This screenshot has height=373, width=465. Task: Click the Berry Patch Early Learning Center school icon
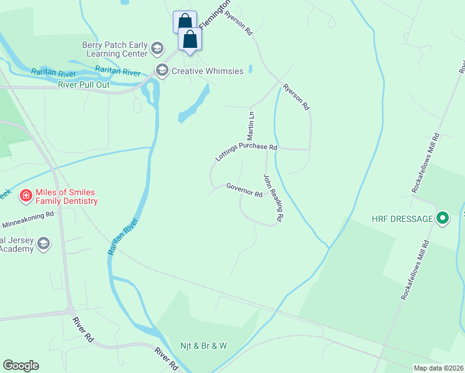158,48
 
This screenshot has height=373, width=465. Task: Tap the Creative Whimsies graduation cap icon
163,70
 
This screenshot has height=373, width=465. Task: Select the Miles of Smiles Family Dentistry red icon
26,196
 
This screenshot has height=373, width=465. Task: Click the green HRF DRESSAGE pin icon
443,218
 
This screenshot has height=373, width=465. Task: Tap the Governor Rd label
244,190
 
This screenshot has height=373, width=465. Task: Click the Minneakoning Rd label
28,219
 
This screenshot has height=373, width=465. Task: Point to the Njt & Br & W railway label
204,346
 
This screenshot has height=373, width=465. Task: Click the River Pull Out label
84,85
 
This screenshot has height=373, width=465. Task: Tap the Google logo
21,366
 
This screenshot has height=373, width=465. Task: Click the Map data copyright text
439,368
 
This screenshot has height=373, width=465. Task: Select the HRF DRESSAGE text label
402,219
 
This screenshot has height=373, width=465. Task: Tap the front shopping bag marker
190,39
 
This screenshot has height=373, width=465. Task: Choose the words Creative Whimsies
208,71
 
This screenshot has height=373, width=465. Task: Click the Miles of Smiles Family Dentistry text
67,196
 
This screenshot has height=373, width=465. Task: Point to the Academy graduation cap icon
43,243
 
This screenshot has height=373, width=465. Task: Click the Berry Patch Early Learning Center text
115,48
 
